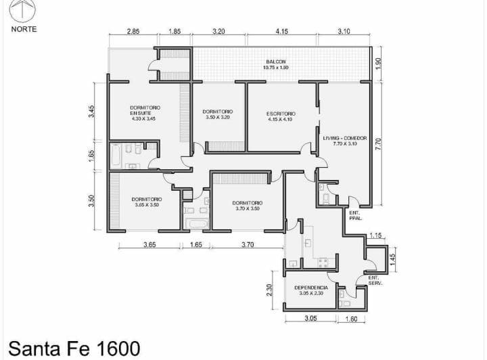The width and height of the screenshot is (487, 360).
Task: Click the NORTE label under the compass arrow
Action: pos(24,29)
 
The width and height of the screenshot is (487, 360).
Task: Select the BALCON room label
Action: pos(275,64)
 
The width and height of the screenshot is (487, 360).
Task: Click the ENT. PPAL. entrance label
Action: pos(354,215)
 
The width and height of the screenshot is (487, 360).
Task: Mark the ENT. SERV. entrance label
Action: pos(375,280)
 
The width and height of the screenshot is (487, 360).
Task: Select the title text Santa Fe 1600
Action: pos(75,348)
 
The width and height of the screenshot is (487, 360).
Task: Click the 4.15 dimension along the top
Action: pos(281,32)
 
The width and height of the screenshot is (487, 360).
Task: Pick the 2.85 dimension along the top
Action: pos(133,32)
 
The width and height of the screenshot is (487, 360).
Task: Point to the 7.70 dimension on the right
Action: pos(379,143)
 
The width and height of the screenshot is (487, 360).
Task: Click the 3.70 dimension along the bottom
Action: pos(248,245)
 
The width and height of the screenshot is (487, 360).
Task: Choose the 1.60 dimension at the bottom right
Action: pos(351,319)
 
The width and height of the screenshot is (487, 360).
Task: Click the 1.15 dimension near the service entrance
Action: pos(376,235)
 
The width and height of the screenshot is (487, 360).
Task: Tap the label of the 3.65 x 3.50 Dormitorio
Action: pos(146,202)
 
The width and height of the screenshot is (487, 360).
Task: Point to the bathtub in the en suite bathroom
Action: pos(116,156)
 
